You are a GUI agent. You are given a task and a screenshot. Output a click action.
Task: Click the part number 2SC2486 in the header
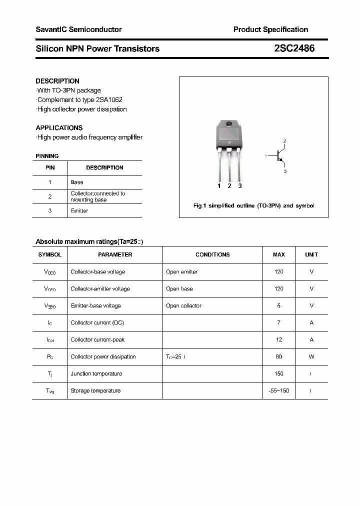294,48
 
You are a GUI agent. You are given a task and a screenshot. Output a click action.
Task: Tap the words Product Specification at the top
270,29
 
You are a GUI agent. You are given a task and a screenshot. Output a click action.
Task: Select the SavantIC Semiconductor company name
78,29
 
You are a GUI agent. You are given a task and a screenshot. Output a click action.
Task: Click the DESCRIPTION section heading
57,81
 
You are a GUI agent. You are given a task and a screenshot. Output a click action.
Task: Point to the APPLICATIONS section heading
59,127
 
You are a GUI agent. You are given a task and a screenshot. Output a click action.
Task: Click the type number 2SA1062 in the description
108,100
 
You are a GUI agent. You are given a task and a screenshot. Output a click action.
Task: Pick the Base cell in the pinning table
77,182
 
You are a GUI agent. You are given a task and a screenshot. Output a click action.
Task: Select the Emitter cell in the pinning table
79,211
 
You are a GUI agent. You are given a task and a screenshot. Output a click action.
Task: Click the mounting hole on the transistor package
229,124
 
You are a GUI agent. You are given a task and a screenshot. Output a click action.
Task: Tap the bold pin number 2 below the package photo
229,186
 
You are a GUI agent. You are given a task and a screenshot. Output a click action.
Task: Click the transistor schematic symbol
279,156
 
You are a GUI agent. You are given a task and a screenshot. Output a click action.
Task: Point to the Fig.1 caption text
253,206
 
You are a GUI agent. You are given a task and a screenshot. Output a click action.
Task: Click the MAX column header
278,254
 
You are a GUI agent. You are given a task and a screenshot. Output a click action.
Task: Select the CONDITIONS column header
212,254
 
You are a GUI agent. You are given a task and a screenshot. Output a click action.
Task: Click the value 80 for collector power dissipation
278,356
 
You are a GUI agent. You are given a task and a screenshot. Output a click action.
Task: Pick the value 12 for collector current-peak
278,339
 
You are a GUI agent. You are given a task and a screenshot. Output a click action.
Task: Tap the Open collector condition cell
183,305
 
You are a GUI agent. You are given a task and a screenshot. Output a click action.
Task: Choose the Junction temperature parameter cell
96,373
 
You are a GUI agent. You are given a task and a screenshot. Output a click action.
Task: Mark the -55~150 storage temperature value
278,390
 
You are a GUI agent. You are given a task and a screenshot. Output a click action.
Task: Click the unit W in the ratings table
311,356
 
